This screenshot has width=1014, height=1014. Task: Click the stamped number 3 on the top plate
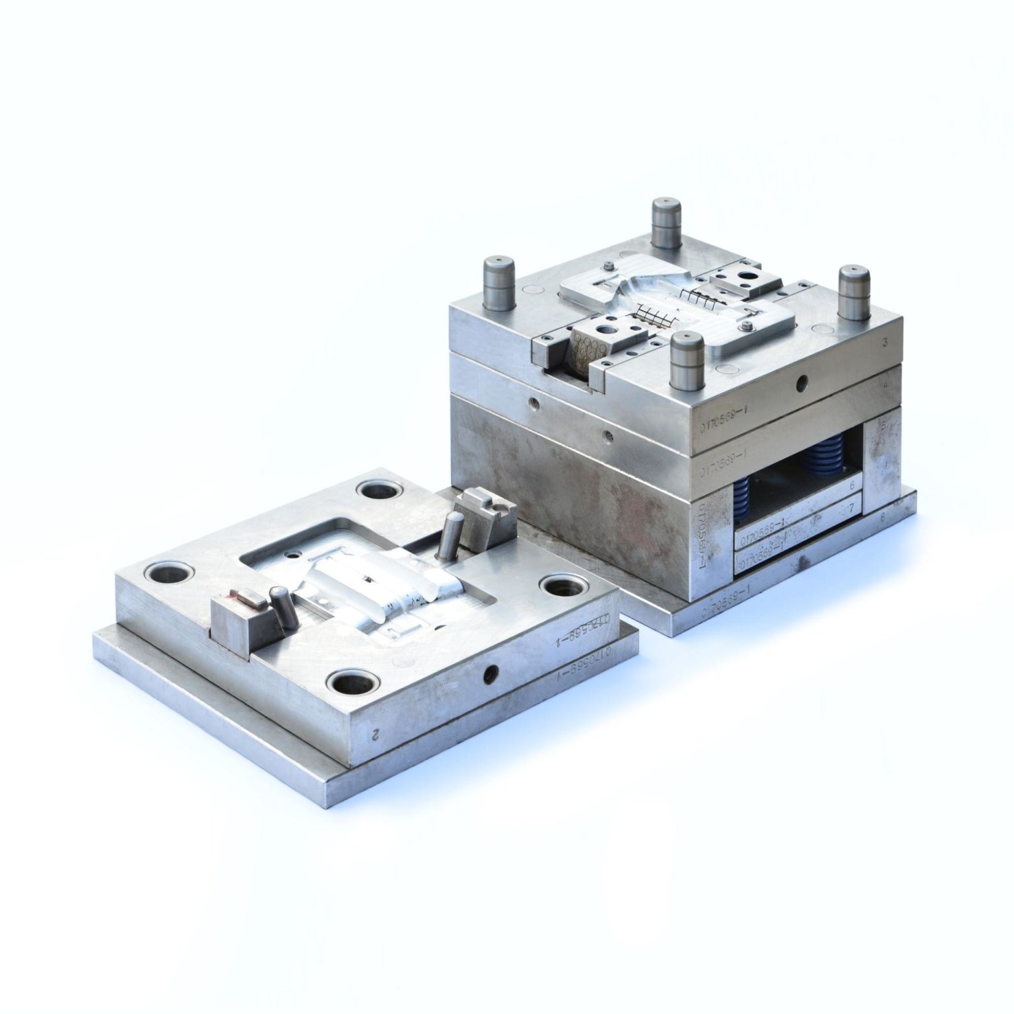(883, 343)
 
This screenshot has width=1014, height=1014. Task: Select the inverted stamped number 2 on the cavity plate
(375, 733)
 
